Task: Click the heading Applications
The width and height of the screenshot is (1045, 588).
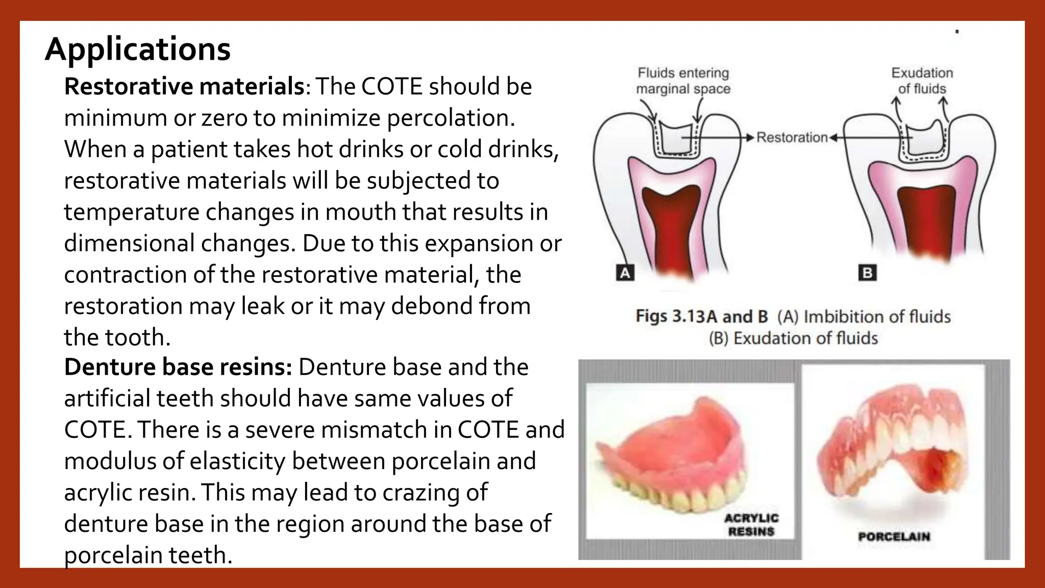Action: pos(138,50)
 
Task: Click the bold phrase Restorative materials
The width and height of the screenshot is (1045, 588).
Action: pos(184,86)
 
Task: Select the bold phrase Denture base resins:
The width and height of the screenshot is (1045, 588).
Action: pos(178,367)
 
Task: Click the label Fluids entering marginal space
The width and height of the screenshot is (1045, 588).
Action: pos(683,81)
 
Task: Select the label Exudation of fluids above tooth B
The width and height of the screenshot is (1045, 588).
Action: pos(922,81)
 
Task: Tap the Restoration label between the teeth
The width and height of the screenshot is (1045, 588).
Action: pos(791,137)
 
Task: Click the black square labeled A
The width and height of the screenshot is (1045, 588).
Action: pos(625,273)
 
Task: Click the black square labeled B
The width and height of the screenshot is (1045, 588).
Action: pos(867,273)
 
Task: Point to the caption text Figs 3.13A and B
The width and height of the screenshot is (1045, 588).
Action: pos(702,316)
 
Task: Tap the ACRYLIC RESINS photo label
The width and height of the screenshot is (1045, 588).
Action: pos(752,525)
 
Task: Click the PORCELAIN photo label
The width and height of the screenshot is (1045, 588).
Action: pos(894,536)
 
